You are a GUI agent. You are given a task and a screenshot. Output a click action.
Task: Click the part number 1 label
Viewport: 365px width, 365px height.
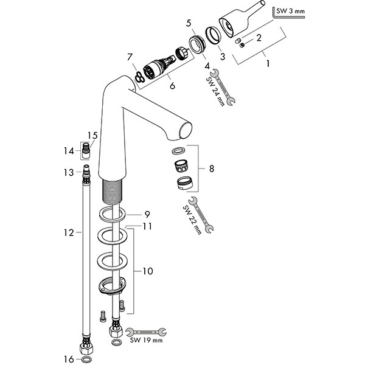(x=266, y=61)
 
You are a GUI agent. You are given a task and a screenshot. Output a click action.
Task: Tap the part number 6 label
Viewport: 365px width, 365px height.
(x=172, y=86)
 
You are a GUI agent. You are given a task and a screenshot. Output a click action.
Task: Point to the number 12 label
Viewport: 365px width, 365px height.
(x=71, y=232)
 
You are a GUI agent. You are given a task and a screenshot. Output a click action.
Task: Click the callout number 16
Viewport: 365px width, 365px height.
(x=69, y=358)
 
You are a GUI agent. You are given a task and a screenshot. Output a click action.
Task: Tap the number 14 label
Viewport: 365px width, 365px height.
(x=69, y=150)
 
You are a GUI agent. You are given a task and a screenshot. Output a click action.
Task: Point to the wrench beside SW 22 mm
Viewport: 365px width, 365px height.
(x=201, y=215)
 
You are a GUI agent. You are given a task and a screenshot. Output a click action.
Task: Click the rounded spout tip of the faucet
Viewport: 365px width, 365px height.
(x=184, y=130)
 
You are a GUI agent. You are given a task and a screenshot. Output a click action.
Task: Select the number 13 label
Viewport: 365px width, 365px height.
(x=70, y=173)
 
